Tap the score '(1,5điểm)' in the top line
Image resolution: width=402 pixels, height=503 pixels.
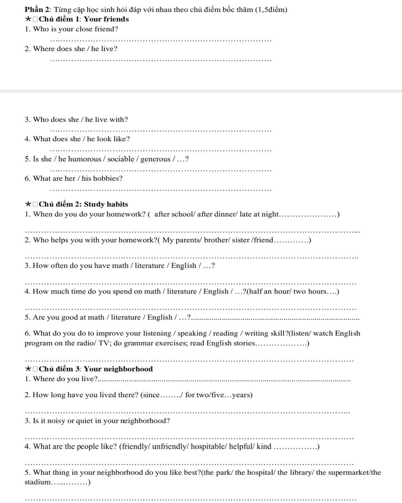coord(271,9)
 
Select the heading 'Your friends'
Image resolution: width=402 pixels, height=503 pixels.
coord(106,19)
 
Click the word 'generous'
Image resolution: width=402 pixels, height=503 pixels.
coord(155,159)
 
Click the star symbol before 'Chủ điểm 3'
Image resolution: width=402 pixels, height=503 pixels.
coord(28,369)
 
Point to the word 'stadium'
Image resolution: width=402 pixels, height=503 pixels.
coord(37,482)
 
